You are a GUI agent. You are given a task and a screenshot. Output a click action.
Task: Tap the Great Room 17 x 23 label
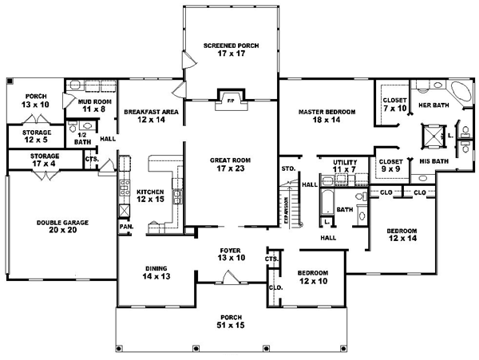[x=231, y=164]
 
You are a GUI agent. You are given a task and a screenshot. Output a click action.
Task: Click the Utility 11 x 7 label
[x=345, y=165]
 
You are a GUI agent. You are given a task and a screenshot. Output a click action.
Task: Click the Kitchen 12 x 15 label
[x=150, y=196]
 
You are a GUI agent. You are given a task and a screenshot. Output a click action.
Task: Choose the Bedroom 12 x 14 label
[x=402, y=235]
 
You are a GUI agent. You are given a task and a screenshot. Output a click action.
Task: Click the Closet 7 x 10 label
[x=394, y=104]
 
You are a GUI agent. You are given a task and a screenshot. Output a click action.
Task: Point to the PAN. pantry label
[x=126, y=226]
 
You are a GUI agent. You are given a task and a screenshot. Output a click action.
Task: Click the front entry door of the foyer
[x=232, y=279]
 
